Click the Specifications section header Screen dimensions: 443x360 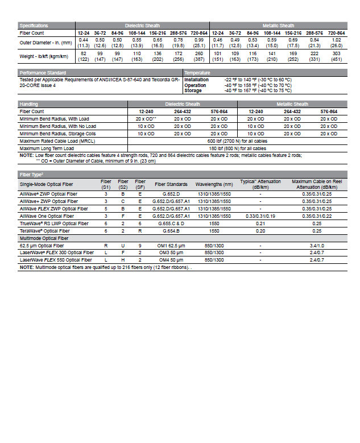[34, 26]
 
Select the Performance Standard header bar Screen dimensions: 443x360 [43, 73]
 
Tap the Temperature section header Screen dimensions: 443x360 [197, 73]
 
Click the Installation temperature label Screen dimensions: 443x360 [196, 80]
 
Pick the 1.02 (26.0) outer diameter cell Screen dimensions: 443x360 [337, 43]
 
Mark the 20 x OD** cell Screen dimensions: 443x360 [146, 118]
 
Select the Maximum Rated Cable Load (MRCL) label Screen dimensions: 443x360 [58, 140]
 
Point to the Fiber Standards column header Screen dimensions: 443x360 [171, 184]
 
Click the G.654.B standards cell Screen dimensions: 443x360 [171, 231]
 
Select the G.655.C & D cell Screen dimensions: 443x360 [171, 223]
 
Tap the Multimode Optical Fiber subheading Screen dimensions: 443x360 [45, 238]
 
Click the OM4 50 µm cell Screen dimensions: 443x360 [171, 260]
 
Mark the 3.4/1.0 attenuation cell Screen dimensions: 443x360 [317, 245]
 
